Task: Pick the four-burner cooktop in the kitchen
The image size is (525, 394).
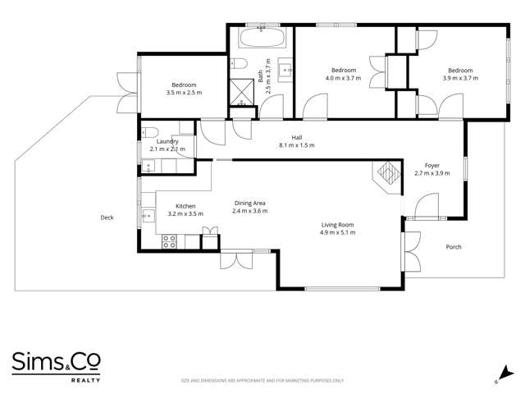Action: coord(171,241)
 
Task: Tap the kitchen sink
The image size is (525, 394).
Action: coord(148,217)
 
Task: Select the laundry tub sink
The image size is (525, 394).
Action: coord(148,165)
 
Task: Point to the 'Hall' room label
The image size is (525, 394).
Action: coord(297,137)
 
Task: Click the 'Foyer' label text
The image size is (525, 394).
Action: coord(431,165)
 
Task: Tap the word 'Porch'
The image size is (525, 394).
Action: coord(453,247)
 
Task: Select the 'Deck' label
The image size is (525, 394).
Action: coord(107,218)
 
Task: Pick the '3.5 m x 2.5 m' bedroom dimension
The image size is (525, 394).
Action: coord(184,93)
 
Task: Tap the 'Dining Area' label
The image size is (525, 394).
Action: coord(250,203)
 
